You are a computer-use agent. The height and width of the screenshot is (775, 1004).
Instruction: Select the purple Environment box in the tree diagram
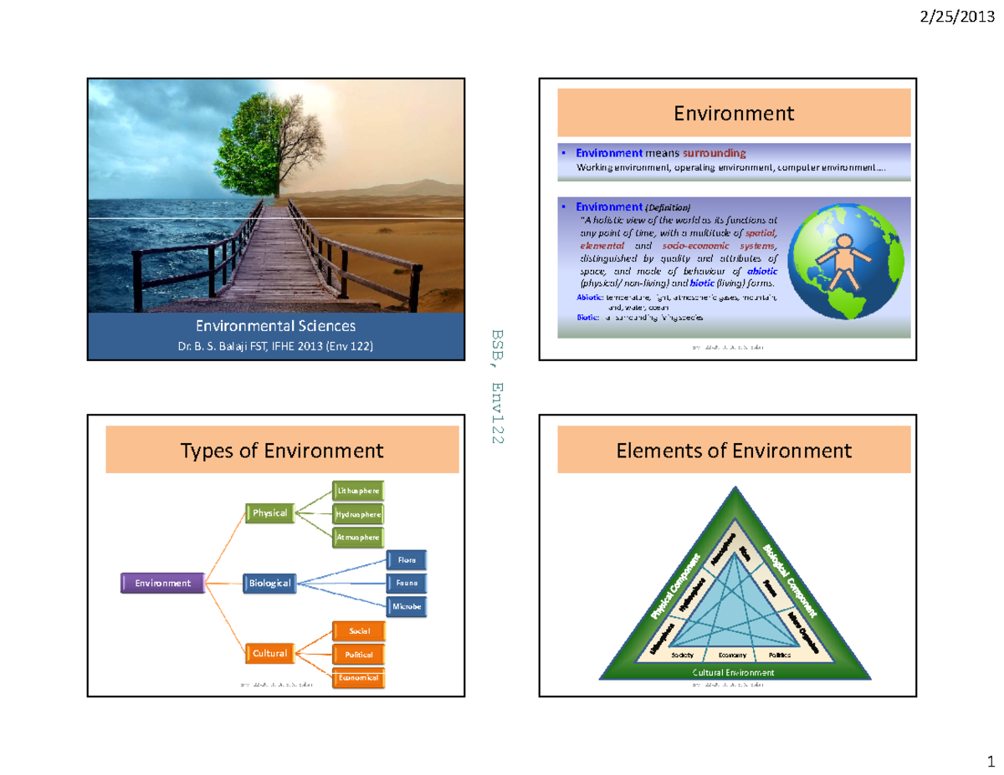(162, 583)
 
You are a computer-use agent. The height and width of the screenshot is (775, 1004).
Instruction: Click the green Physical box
(269, 512)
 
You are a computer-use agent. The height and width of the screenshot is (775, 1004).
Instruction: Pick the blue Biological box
(269, 583)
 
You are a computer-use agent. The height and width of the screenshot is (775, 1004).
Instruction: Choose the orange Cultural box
(269, 653)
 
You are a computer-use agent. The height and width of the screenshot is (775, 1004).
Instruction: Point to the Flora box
(407, 559)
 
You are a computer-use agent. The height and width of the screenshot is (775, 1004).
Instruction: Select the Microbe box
(407, 605)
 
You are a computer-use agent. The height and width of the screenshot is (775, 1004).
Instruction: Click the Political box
(358, 654)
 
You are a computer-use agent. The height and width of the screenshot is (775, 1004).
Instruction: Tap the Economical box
(358, 677)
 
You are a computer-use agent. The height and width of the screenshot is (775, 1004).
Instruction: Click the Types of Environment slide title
(282, 451)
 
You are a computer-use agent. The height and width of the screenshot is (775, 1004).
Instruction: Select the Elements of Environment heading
(734, 451)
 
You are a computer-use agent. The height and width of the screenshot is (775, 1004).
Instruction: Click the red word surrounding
(715, 154)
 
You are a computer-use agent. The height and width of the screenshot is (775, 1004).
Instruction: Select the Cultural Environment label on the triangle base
(734, 672)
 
